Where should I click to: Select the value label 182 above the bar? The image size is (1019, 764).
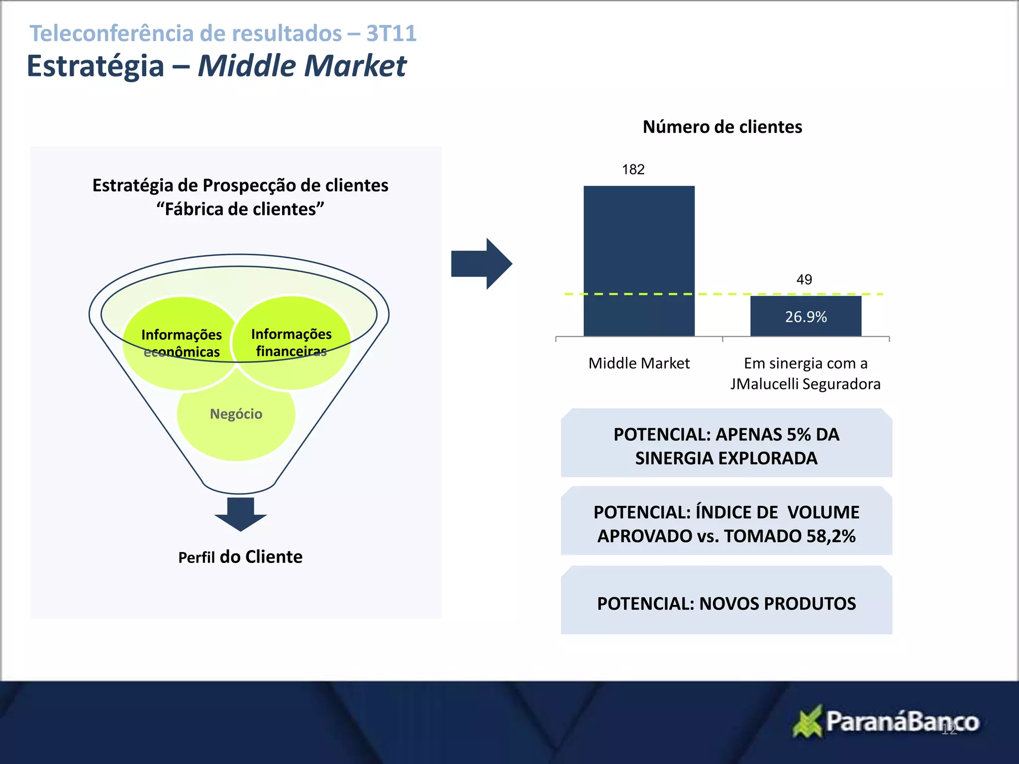click(633, 170)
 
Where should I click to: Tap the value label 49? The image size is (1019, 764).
click(804, 280)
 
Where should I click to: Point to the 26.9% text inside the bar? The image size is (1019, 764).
click(806, 317)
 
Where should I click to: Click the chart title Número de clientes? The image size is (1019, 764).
click(722, 127)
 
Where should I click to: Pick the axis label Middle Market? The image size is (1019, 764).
click(639, 363)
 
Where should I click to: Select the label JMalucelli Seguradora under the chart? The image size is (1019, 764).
click(805, 384)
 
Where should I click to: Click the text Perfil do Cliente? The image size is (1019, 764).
click(240, 557)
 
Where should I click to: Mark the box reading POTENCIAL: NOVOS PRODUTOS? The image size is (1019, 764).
click(726, 603)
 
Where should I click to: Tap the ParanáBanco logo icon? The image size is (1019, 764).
click(807, 722)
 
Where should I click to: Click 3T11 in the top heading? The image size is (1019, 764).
click(391, 34)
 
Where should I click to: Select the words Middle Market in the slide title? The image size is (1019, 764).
click(303, 66)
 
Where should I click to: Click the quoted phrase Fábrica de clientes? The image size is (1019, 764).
click(240, 209)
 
